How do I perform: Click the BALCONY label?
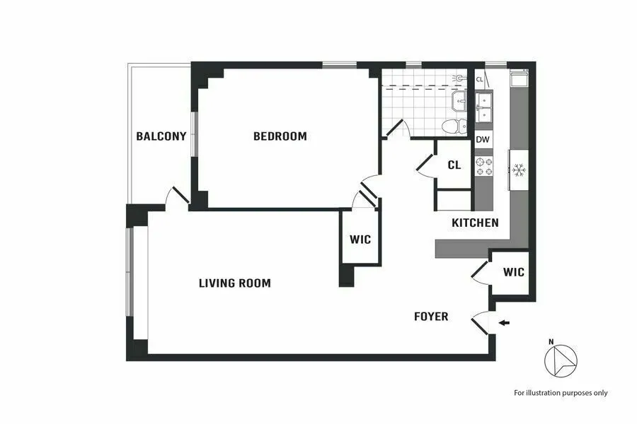(x=161, y=136)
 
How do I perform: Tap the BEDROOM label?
(x=280, y=136)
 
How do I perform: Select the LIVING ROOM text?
(x=234, y=283)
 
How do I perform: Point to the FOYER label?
(x=431, y=317)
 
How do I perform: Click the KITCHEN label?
(x=475, y=223)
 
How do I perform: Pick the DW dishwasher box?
(x=483, y=140)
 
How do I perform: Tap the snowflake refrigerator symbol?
(x=518, y=170)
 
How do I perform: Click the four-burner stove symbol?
(x=483, y=167)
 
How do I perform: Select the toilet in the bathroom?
(x=452, y=126)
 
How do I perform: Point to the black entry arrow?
(x=504, y=323)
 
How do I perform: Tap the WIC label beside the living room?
(x=360, y=240)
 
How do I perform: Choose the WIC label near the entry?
(x=514, y=272)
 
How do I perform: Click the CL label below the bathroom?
(x=454, y=165)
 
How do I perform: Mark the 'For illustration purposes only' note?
(x=561, y=393)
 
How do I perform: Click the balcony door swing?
(x=176, y=196)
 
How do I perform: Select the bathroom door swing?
(x=397, y=129)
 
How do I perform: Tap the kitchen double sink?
(x=484, y=107)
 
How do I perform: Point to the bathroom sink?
(x=459, y=102)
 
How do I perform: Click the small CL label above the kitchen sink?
(x=480, y=79)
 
